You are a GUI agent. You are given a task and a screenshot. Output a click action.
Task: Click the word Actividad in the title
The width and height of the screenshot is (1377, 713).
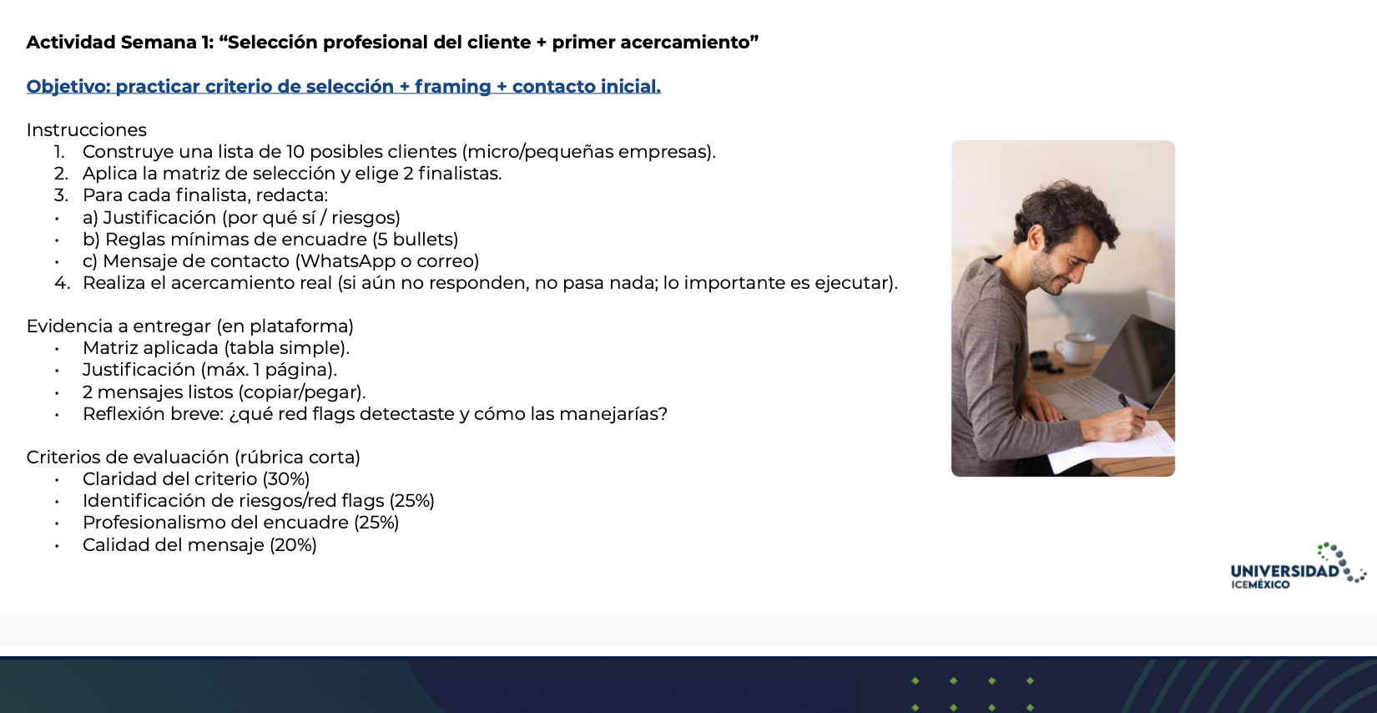[x=68, y=43]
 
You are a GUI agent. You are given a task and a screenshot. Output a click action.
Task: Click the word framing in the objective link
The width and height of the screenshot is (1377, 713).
[x=452, y=87]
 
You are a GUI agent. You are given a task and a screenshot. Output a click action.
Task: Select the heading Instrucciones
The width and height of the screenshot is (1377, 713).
[x=86, y=130]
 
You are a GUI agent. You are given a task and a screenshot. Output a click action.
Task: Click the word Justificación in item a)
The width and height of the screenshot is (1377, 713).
[x=159, y=218]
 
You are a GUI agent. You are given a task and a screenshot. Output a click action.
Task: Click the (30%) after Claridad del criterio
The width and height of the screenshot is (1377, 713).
[x=285, y=479]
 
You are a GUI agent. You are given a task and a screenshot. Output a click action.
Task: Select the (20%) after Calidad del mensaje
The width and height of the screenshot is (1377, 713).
[x=293, y=545]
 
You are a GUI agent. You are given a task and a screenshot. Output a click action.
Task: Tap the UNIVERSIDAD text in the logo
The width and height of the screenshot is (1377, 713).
[x=1284, y=571]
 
